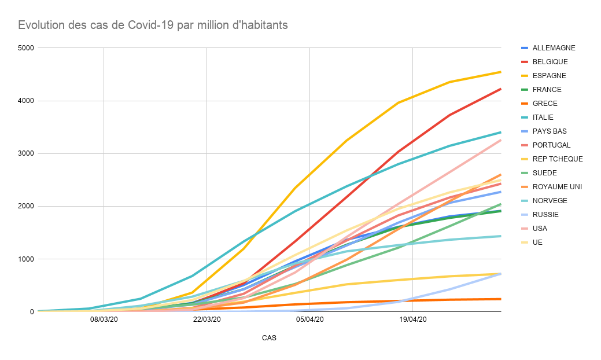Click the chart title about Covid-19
click(153, 25)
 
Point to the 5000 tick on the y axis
click(26, 48)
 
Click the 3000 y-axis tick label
click(26, 153)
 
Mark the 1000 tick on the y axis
click(26, 259)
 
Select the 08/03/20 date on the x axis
click(104, 319)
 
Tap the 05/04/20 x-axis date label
click(310, 319)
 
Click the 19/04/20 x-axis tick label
click(413, 319)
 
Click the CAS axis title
click(269, 338)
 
